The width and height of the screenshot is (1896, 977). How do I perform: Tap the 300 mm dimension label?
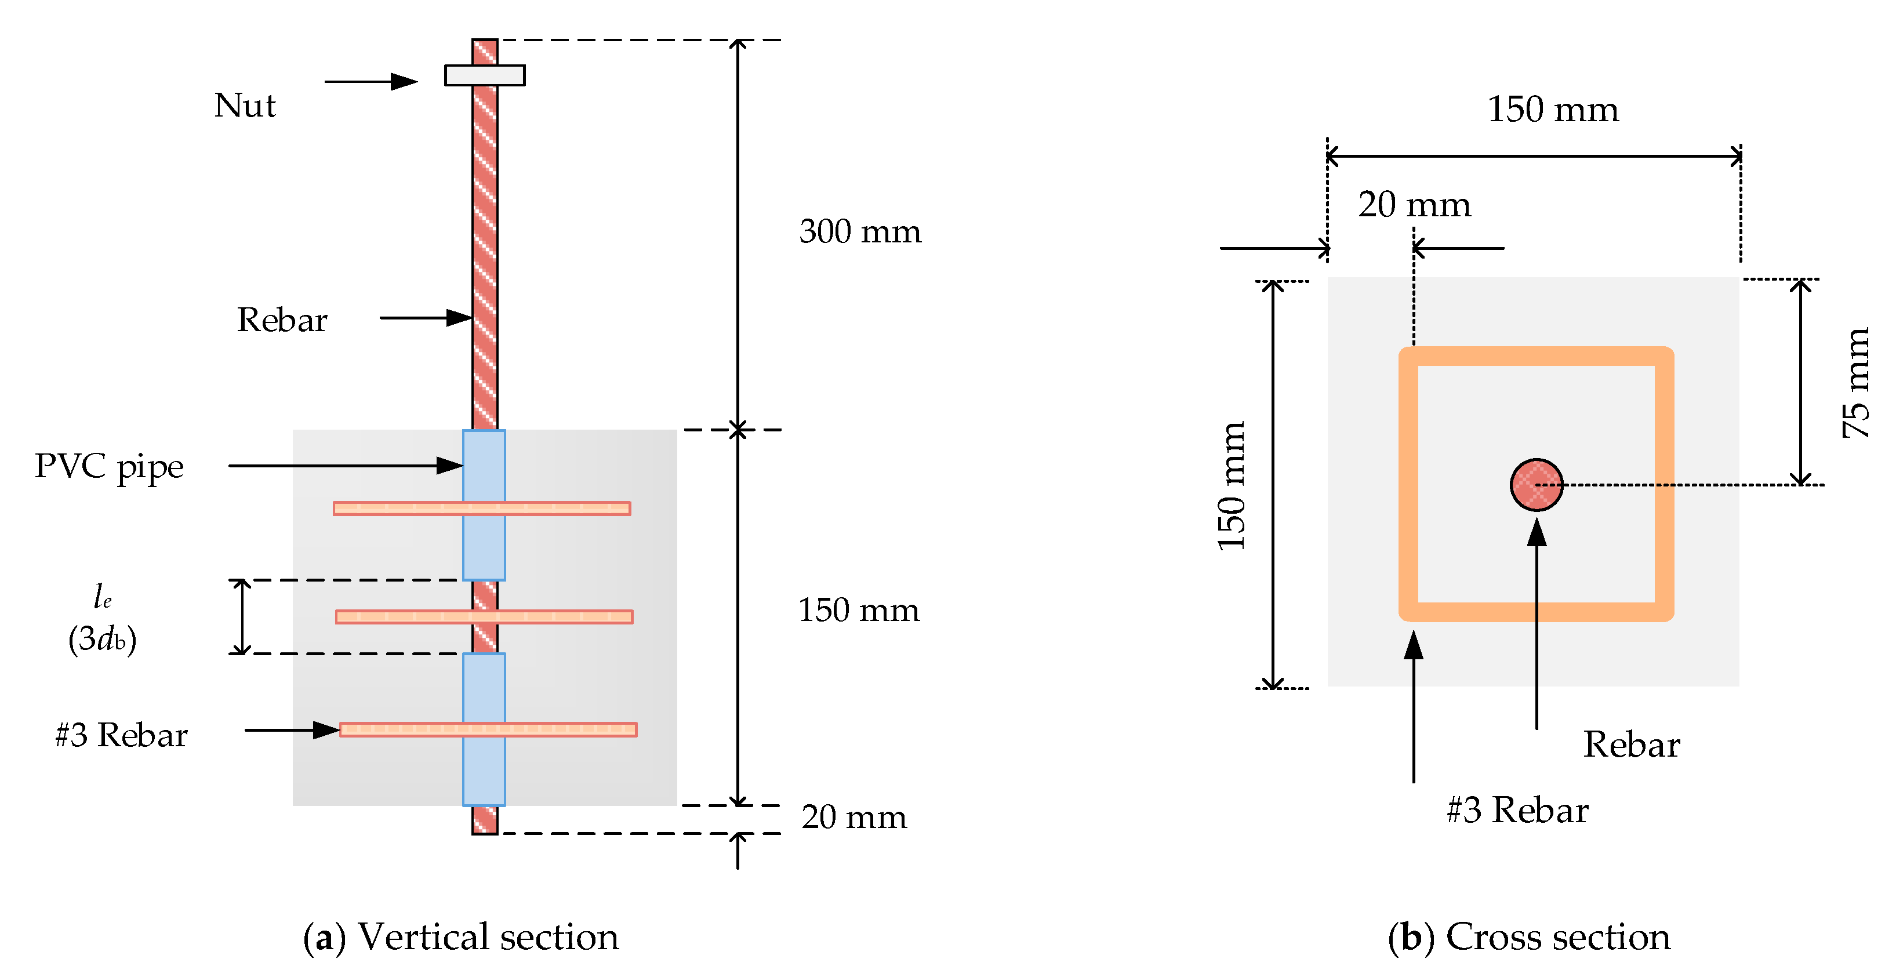[860, 232]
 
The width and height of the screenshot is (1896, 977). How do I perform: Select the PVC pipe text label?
[109, 467]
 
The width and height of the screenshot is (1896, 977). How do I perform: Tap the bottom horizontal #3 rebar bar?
[412, 729]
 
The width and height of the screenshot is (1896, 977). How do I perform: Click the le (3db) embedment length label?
[102, 619]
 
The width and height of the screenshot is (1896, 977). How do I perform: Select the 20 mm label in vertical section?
[854, 817]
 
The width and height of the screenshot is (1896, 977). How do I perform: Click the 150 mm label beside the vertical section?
[858, 611]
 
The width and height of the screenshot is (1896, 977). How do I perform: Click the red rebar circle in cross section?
[1536, 485]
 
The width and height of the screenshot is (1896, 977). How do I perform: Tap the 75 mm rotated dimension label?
[1855, 383]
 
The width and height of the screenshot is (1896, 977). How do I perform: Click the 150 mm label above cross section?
[1553, 109]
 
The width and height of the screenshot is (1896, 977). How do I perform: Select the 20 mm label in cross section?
[1414, 205]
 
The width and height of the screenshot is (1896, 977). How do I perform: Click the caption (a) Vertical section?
[461, 936]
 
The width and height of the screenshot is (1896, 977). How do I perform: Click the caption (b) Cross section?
[1529, 936]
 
